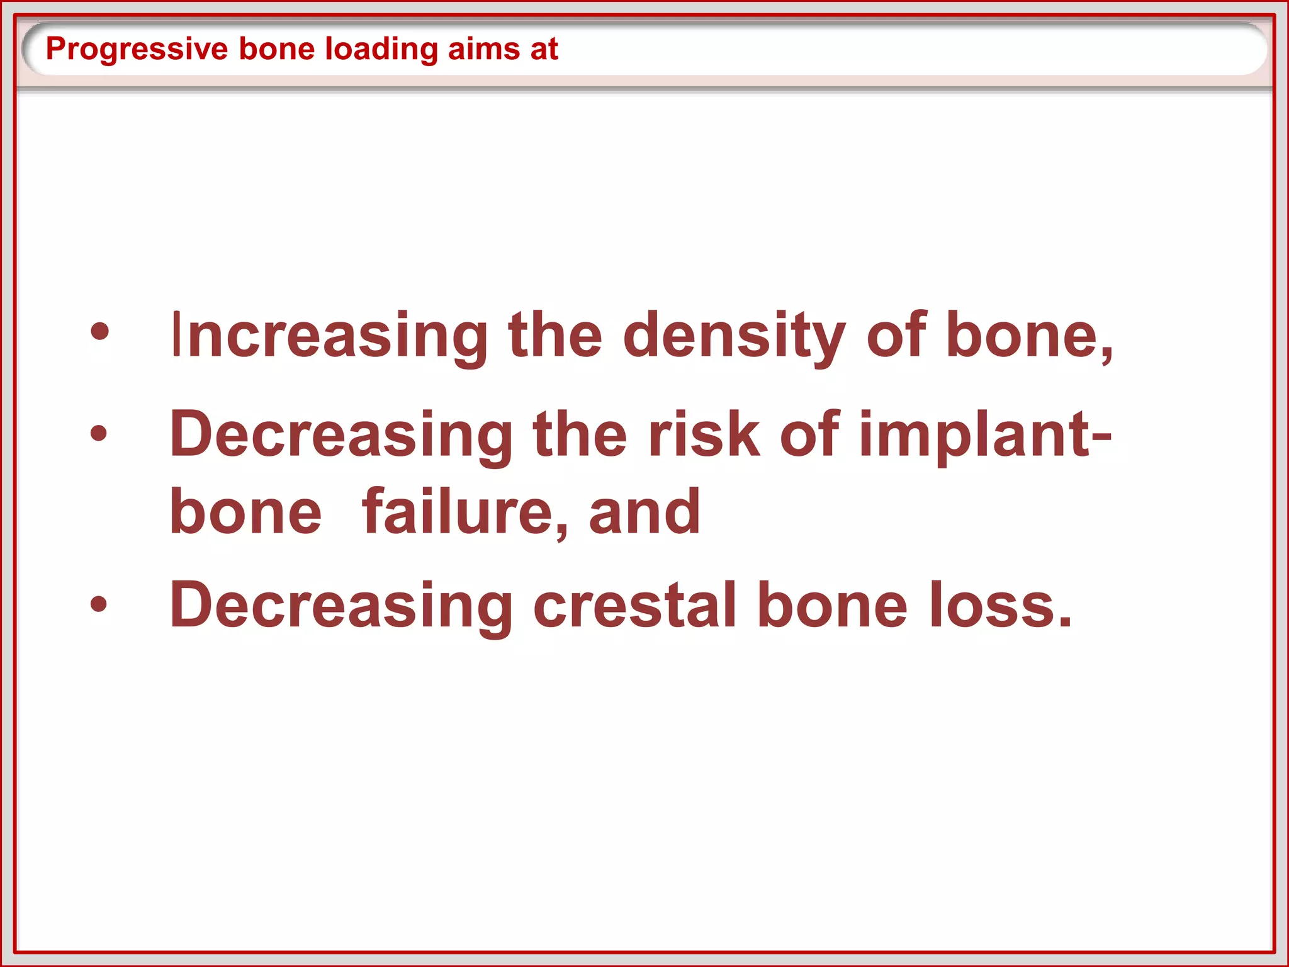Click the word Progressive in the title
[x=137, y=49]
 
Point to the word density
[x=734, y=336]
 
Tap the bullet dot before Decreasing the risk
[x=99, y=433]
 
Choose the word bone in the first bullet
[x=1029, y=336]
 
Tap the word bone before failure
[x=245, y=512]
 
